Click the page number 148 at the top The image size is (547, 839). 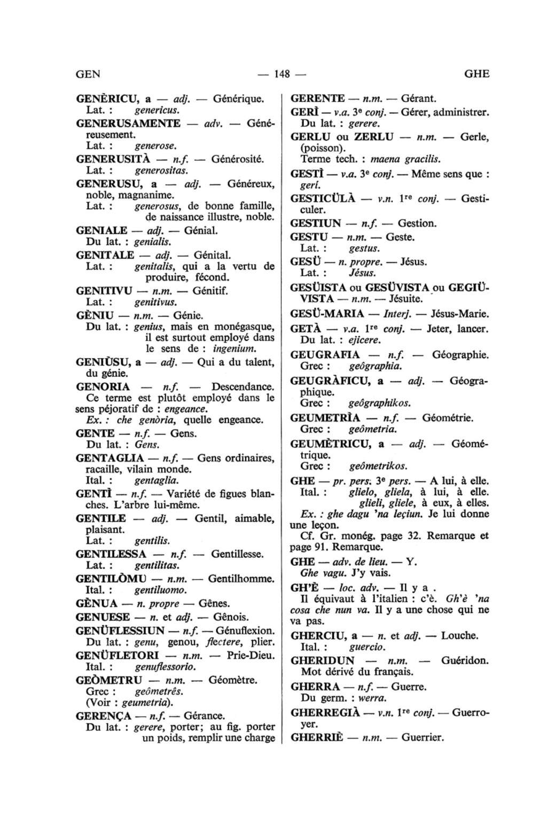281,74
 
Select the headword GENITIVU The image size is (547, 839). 104,291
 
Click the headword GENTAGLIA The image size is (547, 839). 110,459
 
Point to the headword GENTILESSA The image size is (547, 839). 111,554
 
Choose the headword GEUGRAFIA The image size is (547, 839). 325,355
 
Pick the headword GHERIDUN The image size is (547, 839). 323,661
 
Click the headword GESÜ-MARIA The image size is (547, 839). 327,314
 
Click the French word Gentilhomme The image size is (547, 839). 241,579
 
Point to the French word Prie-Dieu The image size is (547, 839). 251,656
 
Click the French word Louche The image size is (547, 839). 459,636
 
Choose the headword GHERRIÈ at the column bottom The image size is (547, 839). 318,738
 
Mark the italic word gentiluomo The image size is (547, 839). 161,591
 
